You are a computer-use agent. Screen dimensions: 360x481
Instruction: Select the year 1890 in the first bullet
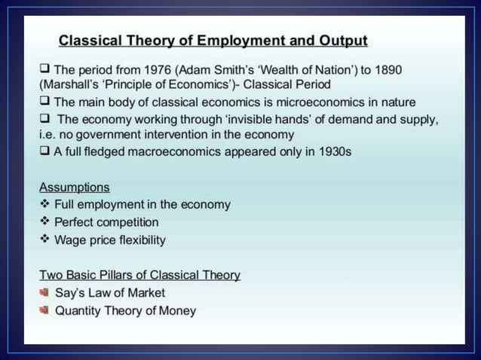coord(384,69)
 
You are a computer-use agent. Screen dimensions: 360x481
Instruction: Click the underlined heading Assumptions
coord(74,187)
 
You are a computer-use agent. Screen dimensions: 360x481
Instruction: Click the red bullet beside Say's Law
coord(44,292)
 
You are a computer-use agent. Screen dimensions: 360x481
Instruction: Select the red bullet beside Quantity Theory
coord(44,310)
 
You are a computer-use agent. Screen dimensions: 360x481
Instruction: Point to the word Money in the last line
coord(177,310)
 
